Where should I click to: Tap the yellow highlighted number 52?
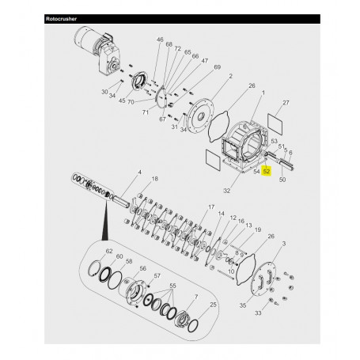pyautogui.click(x=267, y=170)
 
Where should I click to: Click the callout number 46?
pyautogui.click(x=160, y=40)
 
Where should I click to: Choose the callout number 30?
pyautogui.click(x=104, y=92)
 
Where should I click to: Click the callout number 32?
pyautogui.click(x=226, y=191)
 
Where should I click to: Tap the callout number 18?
pyautogui.click(x=154, y=180)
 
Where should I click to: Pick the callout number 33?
pyautogui.click(x=279, y=313)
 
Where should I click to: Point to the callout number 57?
pyautogui.click(x=158, y=276)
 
